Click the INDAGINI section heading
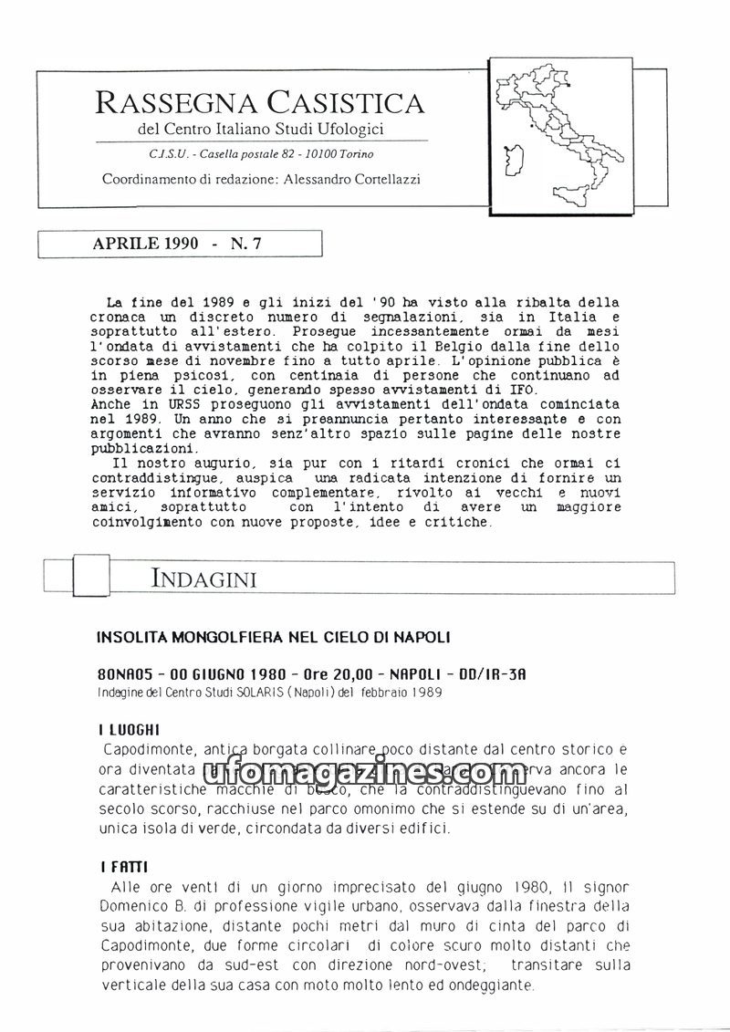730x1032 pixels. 203,579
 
